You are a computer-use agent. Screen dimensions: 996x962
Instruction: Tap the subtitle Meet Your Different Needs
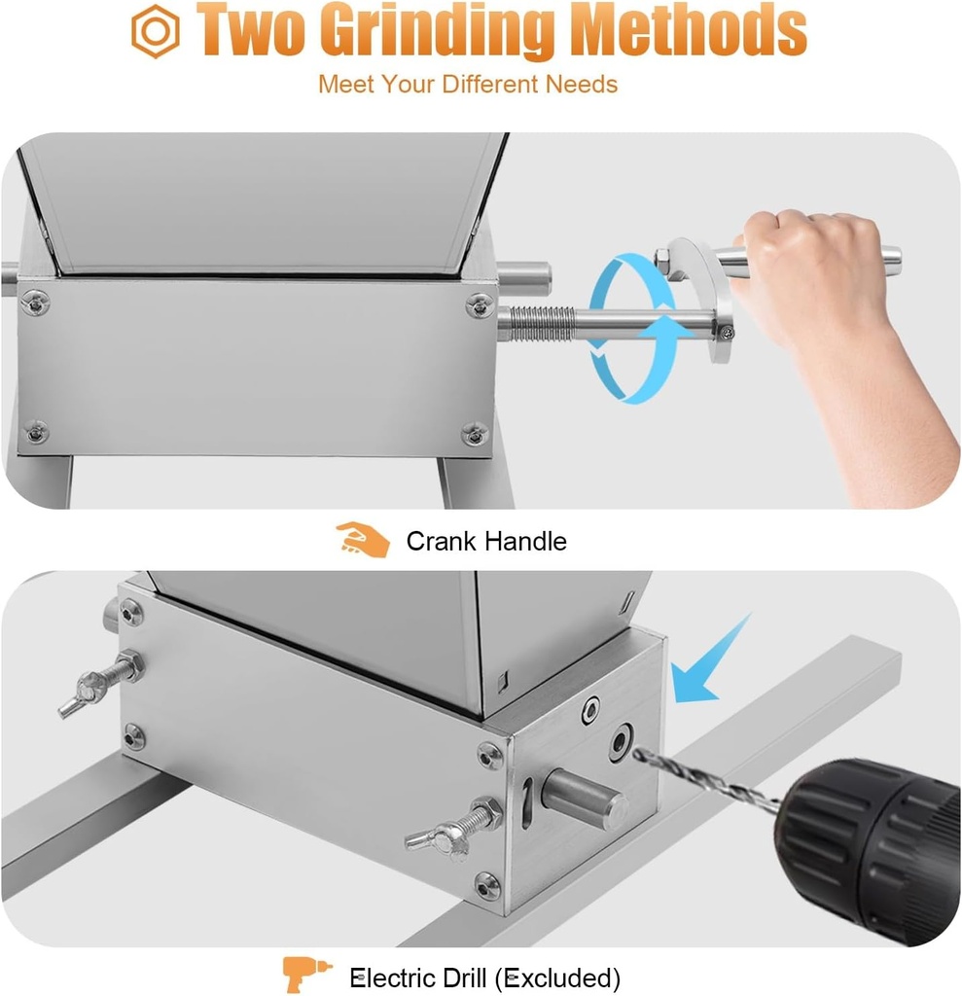click(468, 84)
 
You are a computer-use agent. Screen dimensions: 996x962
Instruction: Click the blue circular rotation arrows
click(632, 329)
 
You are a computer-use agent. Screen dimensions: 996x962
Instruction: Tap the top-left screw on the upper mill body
click(36, 303)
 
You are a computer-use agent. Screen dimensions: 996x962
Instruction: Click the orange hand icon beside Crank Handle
click(363, 540)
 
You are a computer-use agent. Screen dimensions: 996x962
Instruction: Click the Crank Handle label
click(486, 541)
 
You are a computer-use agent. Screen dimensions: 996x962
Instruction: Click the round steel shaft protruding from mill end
click(583, 798)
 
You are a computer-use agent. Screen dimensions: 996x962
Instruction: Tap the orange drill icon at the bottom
click(305, 975)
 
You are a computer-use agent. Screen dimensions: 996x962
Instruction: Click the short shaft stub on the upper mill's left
click(9, 277)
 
